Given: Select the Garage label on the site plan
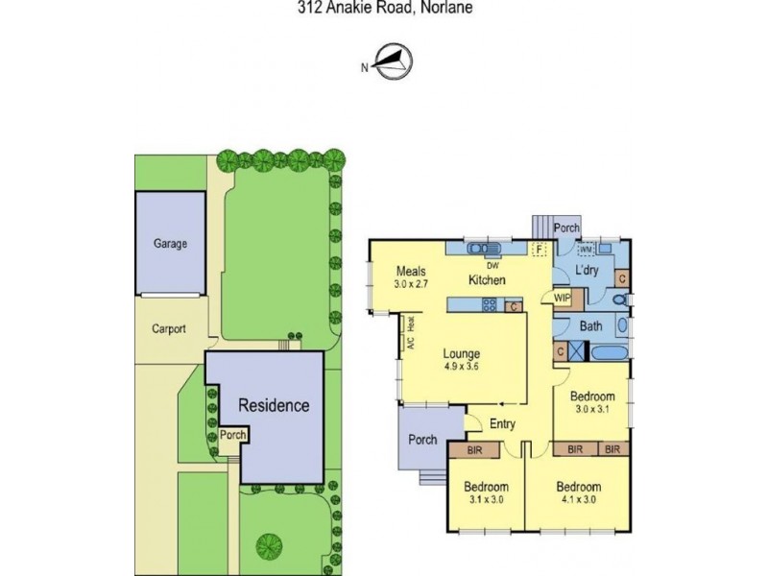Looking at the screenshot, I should click(x=170, y=244).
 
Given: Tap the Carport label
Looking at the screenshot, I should click(x=169, y=328).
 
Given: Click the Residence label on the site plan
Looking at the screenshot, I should click(x=274, y=405).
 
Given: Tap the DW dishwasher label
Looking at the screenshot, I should click(x=492, y=265).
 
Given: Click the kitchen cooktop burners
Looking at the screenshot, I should click(x=488, y=306).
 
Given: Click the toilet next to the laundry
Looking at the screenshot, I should click(x=621, y=301).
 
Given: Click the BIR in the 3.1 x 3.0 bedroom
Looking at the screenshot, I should click(x=474, y=449).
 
